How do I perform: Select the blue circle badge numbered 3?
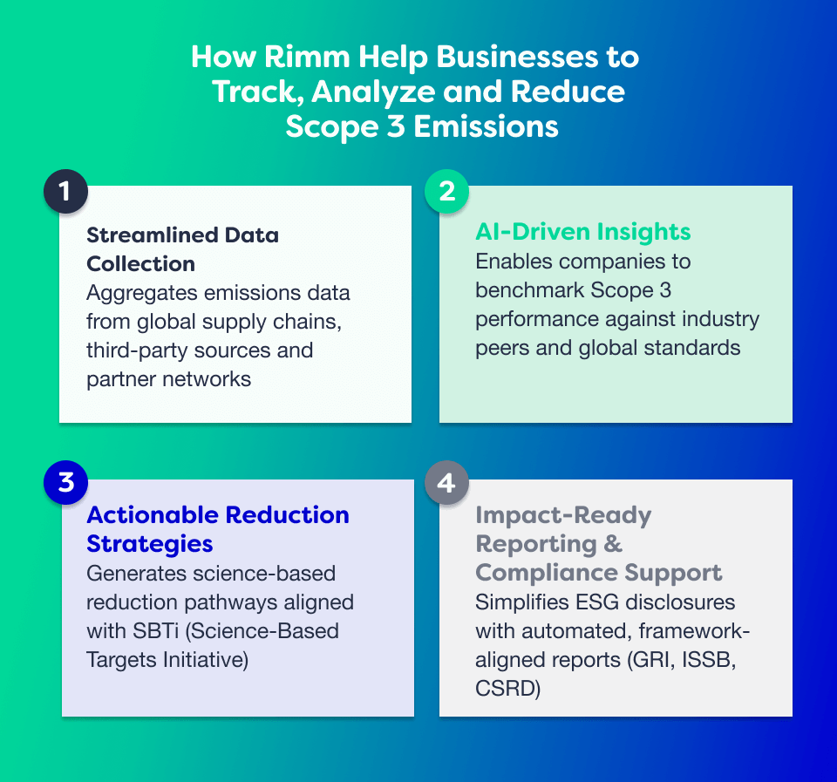(x=65, y=482)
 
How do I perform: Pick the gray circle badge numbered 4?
(x=446, y=482)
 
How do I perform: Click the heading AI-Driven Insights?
(x=582, y=232)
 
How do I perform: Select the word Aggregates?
(x=139, y=293)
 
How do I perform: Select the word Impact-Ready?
(x=563, y=515)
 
